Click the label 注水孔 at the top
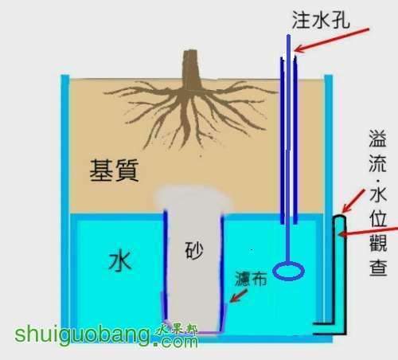(321, 20)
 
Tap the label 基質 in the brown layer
(114, 170)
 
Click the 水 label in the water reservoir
(120, 262)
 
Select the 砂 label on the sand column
(194, 250)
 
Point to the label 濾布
(251, 279)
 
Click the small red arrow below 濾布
(239, 295)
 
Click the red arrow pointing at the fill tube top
(332, 40)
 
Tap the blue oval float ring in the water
(289, 271)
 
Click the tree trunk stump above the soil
(192, 69)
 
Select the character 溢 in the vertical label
(378, 139)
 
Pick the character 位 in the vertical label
(378, 219)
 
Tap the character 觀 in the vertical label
(378, 243)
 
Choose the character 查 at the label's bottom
(378, 268)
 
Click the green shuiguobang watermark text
(82, 335)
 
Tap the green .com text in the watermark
(176, 342)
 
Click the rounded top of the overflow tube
(340, 217)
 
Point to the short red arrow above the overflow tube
(353, 201)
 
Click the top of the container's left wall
(65, 77)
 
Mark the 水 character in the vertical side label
(378, 194)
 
